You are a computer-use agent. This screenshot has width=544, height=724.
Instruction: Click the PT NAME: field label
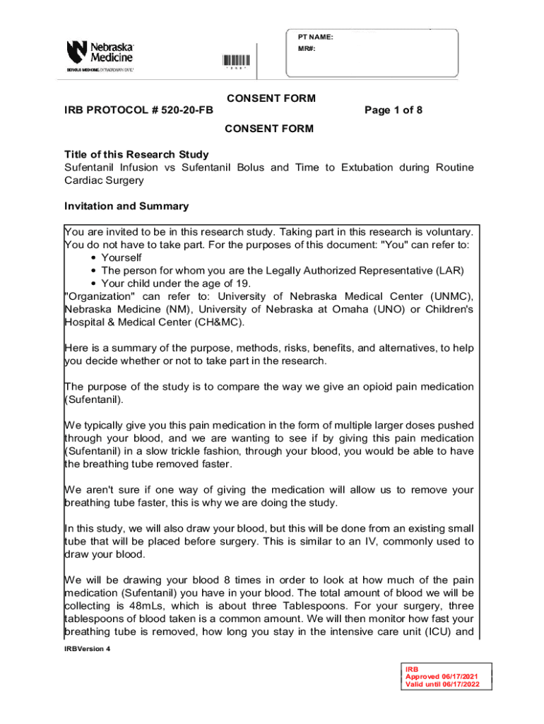point(315,37)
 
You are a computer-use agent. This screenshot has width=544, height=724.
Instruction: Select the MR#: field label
point(307,49)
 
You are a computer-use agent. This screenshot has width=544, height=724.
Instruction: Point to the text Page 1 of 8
point(394,110)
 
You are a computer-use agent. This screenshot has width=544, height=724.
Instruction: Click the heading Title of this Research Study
point(136,155)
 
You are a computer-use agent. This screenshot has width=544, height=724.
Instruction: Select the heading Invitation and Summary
point(126,206)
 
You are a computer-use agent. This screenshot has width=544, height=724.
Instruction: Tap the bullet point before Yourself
point(93,258)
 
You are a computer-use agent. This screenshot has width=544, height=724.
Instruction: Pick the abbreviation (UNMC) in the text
point(450,297)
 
